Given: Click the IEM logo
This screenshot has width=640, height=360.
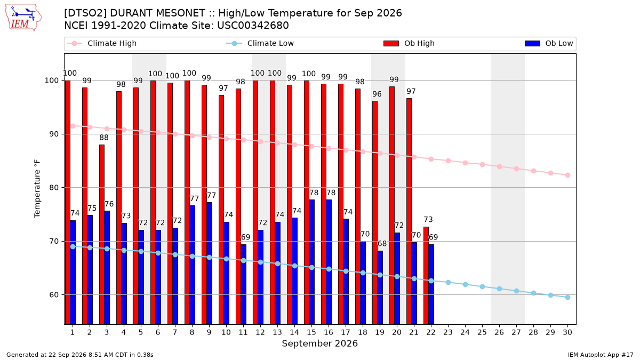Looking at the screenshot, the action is click(x=23, y=18).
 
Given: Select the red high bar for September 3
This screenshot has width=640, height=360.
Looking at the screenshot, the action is click(x=102, y=234).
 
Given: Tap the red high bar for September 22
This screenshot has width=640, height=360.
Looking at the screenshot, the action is click(x=426, y=275).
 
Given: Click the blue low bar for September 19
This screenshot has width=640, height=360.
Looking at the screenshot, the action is click(x=380, y=287).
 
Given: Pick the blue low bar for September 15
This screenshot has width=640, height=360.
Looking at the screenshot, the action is click(x=311, y=262).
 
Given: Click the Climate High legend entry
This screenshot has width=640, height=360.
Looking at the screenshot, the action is click(x=102, y=43).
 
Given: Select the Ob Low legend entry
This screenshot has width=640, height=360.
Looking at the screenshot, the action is click(x=549, y=43).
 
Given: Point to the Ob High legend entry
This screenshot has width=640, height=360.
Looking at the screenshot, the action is click(x=409, y=43).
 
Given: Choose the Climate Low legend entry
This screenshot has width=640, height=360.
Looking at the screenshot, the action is click(x=260, y=43).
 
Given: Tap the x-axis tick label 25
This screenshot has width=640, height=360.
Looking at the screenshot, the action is click(x=482, y=333).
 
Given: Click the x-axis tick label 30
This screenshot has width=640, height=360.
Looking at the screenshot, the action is click(x=567, y=333).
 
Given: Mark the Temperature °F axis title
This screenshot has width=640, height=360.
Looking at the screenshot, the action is click(x=37, y=189).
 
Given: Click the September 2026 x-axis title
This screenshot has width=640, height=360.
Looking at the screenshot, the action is click(x=319, y=343).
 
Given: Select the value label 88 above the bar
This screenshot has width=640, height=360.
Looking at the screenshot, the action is click(x=104, y=138).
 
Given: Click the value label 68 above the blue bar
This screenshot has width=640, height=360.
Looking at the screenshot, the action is click(x=382, y=244).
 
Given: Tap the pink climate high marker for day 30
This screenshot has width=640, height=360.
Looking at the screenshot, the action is click(x=567, y=175).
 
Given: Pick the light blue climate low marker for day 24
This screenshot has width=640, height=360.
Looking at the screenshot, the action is click(x=465, y=285).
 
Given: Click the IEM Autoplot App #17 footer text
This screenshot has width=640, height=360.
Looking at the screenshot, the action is click(x=601, y=355).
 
